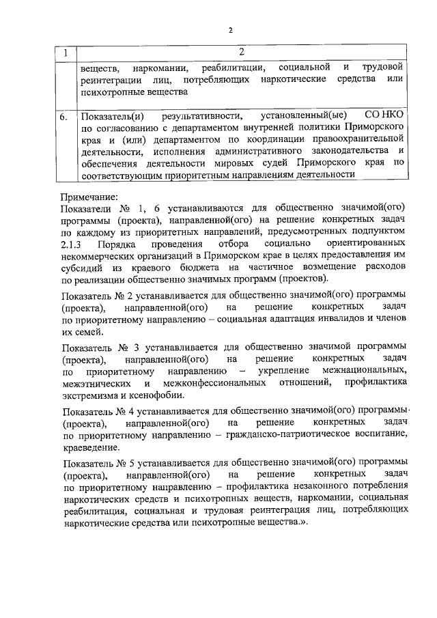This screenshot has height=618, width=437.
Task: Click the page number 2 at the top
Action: click(231, 30)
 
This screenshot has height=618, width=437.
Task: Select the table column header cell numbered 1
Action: click(66, 53)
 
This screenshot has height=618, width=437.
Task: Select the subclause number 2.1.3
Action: click(71, 244)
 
